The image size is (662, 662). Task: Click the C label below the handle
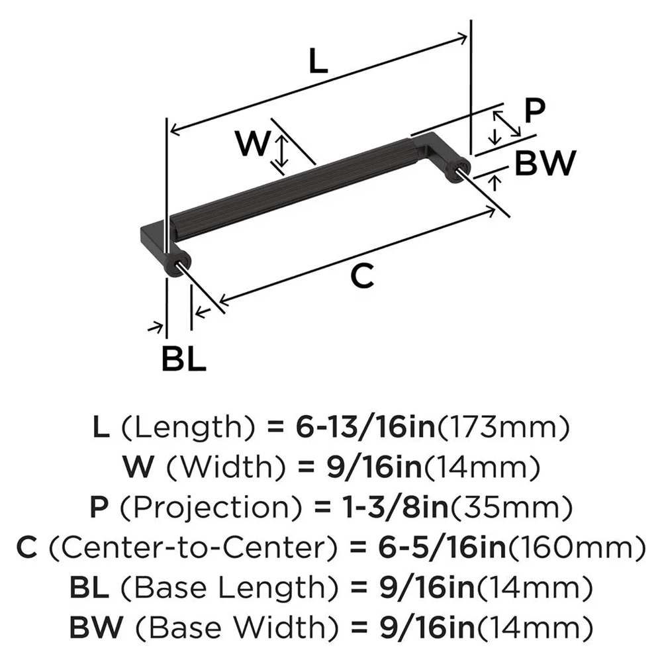(x=362, y=276)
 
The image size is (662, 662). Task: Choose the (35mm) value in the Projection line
(x=498, y=508)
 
